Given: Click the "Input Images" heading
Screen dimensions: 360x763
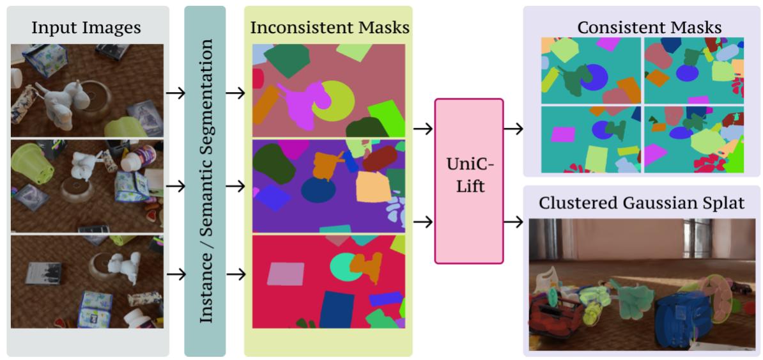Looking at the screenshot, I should (86, 27).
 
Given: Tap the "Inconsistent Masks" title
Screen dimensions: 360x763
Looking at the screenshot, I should (330, 27).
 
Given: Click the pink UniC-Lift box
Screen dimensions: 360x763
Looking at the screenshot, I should (468, 181).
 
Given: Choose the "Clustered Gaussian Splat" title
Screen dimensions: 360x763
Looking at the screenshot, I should (642, 203).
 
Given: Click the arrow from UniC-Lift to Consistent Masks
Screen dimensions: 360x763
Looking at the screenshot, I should (513, 129).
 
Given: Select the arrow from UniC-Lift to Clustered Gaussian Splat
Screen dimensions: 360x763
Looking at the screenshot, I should (513, 221).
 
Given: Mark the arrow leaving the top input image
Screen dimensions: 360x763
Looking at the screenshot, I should (175, 93).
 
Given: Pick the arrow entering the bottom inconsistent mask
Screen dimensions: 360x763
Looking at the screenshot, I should (235, 274).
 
